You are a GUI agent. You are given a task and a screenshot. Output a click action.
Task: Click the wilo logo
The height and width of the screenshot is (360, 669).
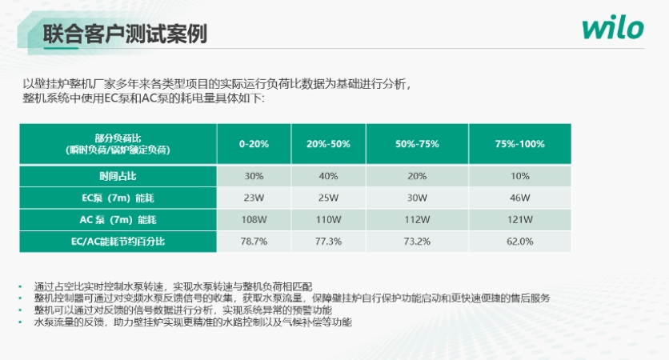click(x=612, y=30)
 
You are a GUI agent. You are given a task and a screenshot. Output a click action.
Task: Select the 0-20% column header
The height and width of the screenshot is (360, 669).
click(x=254, y=144)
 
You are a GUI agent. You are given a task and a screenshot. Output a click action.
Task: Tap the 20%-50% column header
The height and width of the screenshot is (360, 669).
click(x=328, y=144)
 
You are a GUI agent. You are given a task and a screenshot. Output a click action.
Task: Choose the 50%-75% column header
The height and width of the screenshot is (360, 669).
click(x=417, y=144)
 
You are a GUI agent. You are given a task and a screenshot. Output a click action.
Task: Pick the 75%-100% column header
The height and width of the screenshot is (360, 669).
click(x=519, y=144)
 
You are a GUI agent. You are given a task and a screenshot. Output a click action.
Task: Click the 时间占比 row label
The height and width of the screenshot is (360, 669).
click(x=118, y=176)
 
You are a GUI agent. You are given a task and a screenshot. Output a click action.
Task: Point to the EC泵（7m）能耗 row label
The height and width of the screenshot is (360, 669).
click(x=118, y=198)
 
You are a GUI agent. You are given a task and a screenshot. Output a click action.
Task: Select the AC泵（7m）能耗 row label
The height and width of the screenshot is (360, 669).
click(x=118, y=219)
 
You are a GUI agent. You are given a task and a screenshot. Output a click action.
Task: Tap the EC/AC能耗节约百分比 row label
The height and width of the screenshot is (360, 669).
click(x=118, y=240)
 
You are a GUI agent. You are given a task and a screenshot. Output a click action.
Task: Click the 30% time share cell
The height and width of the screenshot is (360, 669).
click(x=254, y=176)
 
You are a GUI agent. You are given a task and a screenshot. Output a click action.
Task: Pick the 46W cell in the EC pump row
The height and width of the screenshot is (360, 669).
click(x=519, y=198)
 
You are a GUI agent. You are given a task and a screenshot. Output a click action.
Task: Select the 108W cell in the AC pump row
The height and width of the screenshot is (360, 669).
click(x=254, y=219)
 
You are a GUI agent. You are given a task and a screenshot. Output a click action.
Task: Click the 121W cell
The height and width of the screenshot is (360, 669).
click(x=519, y=219)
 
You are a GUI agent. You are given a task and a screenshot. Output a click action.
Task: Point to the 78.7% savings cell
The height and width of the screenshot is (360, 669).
click(x=254, y=240)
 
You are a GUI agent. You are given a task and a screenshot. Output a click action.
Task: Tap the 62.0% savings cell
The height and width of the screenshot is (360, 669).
click(x=519, y=240)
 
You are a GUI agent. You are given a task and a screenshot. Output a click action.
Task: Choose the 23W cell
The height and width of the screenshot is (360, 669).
click(x=254, y=198)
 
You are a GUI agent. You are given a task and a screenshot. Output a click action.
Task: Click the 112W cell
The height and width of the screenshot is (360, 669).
click(x=417, y=219)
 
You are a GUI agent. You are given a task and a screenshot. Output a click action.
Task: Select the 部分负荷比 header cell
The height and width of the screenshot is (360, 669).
click(x=118, y=144)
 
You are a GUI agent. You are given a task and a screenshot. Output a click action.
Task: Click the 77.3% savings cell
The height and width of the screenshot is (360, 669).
click(x=328, y=240)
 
